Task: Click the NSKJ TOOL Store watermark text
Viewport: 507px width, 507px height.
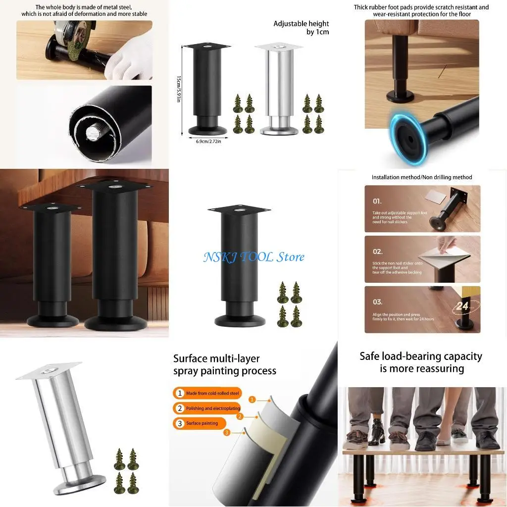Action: coord(253,257)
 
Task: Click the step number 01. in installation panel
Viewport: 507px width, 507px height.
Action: coord(378,202)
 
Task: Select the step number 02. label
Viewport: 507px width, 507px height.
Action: coord(378,252)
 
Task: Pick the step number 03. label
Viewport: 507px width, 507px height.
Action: coord(378,302)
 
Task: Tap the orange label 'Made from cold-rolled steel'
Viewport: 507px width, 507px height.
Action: coord(208,393)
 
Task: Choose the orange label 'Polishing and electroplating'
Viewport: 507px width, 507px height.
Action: coord(208,408)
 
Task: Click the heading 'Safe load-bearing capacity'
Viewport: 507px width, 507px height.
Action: coord(420,362)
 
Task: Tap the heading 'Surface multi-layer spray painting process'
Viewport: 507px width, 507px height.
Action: coord(224,364)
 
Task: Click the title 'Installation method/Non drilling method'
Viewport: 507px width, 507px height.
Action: coord(422,177)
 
